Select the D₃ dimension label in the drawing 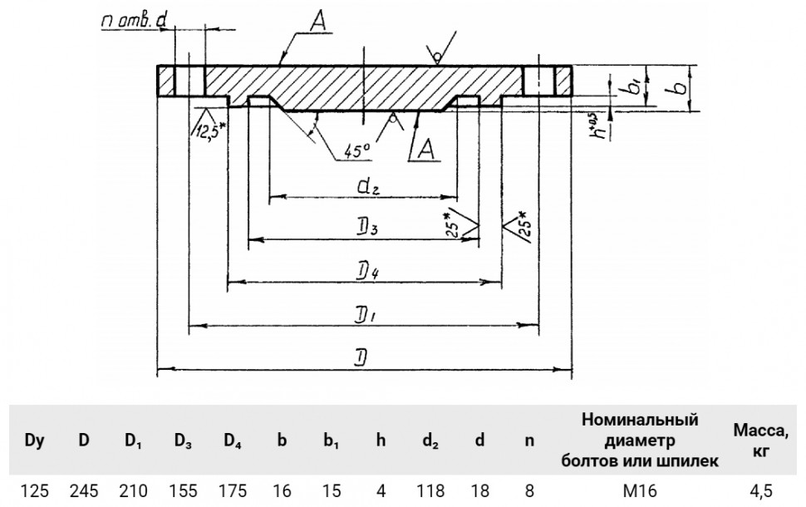point(367,228)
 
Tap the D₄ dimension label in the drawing point(367,272)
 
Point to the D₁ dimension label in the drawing point(366,315)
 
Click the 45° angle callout point(357,150)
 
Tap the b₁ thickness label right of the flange point(633,86)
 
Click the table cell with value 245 point(84,491)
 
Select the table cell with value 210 point(133,491)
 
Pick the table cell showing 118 point(430,491)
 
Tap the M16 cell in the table point(640,491)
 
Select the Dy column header point(34,441)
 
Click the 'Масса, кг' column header point(761,441)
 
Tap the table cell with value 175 point(233,491)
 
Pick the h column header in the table point(381,441)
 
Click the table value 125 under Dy point(34,491)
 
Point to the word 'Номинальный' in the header point(640,420)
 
